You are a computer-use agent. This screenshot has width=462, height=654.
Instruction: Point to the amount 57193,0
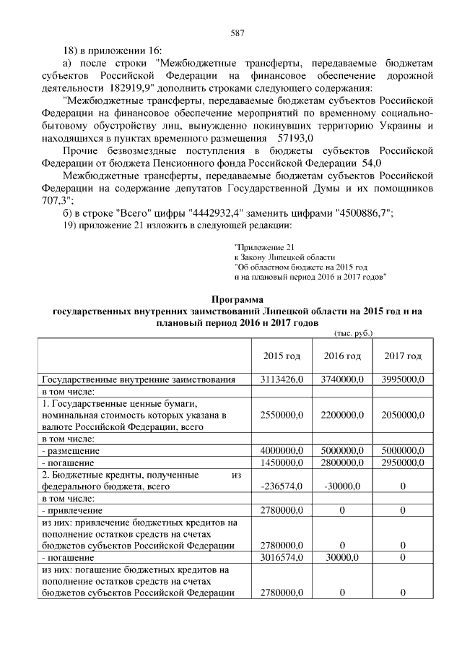point(289,137)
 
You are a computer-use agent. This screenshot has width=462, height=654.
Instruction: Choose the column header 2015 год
point(282,357)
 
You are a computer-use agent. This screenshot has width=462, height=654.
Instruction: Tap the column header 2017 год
point(403,357)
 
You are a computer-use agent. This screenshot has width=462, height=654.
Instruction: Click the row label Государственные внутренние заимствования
point(139,379)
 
